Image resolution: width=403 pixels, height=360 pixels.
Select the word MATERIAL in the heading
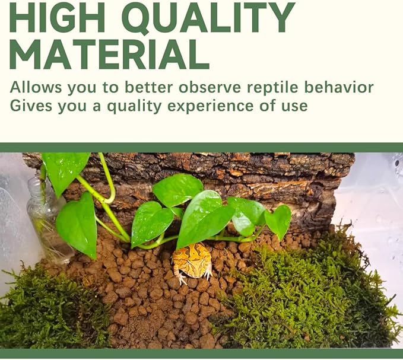(x=109, y=55)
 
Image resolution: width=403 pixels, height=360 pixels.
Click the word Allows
(x=36, y=88)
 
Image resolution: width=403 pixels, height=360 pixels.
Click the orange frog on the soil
(x=192, y=262)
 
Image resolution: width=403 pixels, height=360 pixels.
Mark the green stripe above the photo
(x=201, y=148)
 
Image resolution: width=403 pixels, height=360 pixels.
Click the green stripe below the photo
(x=201, y=353)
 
